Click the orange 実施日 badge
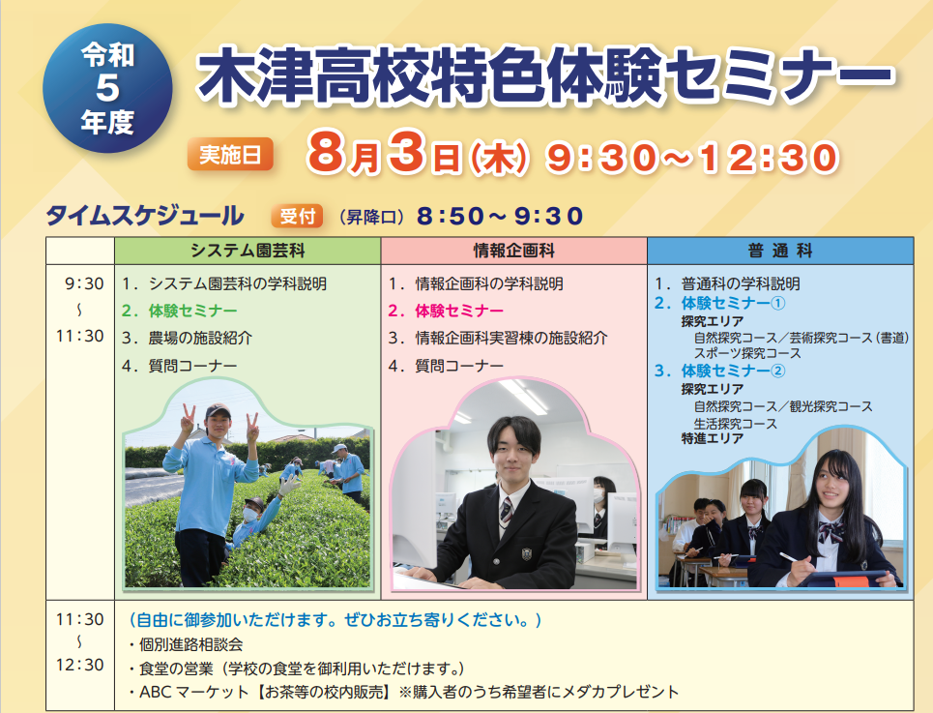tap(230, 154)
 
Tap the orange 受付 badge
tap(297, 216)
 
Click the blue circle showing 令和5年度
tap(107, 88)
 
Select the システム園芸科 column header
tap(248, 251)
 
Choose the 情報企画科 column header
tap(514, 251)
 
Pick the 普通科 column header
tap(780, 251)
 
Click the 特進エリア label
tap(713, 438)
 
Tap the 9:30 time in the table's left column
tap(84, 283)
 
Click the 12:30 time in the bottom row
tap(79, 665)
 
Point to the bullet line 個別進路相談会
tap(185, 644)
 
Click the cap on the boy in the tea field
tap(218, 410)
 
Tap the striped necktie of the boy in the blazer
tap(506, 511)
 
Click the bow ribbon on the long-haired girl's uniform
tap(830, 532)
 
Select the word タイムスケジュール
tap(145, 216)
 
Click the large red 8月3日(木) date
tap(417, 156)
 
